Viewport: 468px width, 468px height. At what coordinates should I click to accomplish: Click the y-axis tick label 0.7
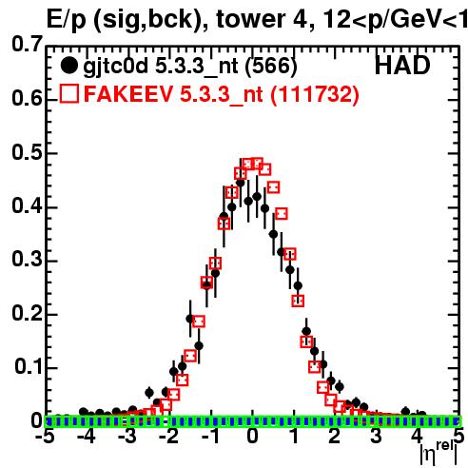click(27, 44)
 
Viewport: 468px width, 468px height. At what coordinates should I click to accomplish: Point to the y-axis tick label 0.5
click(27, 152)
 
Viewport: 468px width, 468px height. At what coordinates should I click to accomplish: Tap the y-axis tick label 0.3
click(27, 259)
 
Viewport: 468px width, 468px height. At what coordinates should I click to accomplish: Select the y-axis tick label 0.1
click(28, 366)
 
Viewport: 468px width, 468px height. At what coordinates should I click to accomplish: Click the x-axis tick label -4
click(87, 437)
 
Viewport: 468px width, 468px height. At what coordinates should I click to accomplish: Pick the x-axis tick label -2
click(168, 437)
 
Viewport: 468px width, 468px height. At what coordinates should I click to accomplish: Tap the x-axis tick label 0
click(252, 437)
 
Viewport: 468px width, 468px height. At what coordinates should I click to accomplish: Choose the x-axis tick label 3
click(376, 437)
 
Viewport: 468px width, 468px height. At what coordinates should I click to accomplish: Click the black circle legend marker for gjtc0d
click(68, 66)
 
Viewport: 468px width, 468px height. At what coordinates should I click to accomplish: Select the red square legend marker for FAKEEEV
click(69, 93)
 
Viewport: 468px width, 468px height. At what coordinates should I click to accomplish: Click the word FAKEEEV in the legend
click(129, 94)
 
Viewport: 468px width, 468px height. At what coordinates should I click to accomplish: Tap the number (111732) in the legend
click(315, 94)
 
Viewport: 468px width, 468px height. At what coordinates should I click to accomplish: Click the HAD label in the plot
click(402, 66)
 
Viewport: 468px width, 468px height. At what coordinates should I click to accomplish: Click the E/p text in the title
click(66, 21)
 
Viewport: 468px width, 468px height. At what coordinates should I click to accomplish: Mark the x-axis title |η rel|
click(439, 454)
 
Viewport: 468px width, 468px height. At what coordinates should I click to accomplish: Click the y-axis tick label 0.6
click(27, 98)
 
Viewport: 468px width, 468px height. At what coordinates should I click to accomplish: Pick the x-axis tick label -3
click(127, 437)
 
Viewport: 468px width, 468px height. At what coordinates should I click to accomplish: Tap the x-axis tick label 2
click(335, 437)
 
